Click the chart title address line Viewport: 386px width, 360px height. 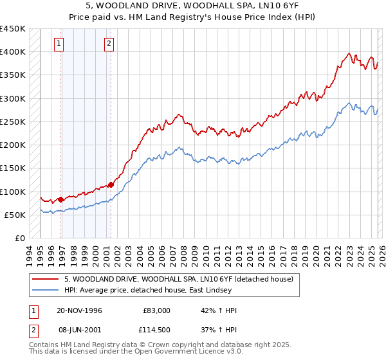coord(192,6)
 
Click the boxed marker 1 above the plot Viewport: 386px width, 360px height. coord(59,44)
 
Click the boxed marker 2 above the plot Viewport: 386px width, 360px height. coord(109,44)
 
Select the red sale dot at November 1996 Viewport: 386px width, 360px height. coord(61,199)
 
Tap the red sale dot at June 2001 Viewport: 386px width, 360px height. coord(111,184)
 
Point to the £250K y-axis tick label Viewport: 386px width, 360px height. coord(13,122)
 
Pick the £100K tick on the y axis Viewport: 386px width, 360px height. coord(13,192)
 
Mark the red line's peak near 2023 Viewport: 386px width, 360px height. coord(348,53)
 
